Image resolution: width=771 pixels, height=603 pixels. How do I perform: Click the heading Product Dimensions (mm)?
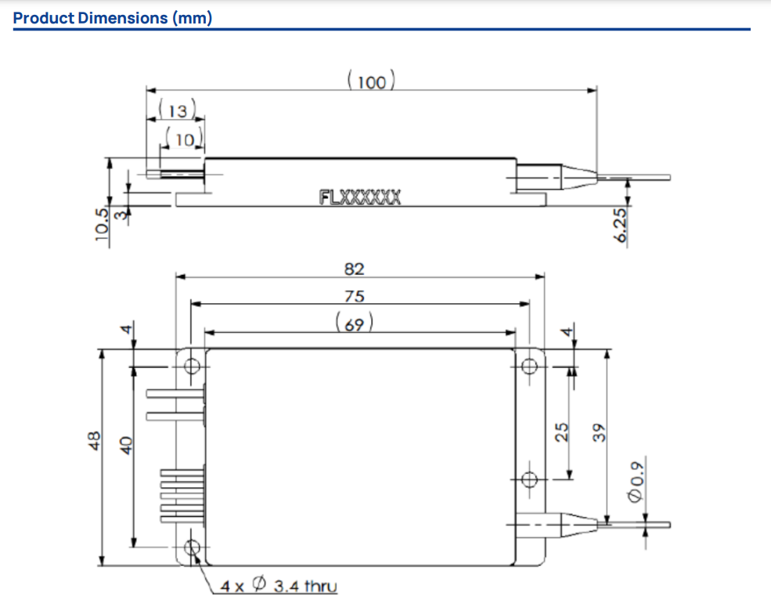coord(113,17)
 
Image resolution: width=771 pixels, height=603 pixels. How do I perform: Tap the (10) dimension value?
coord(185,140)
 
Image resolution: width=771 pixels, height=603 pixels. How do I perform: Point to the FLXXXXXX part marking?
coord(360,197)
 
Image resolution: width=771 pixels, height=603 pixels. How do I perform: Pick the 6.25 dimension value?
coord(621,227)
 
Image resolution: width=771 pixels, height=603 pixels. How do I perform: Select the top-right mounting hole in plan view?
coord(530,366)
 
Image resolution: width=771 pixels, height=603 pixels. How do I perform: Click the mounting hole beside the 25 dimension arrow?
coord(530,479)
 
